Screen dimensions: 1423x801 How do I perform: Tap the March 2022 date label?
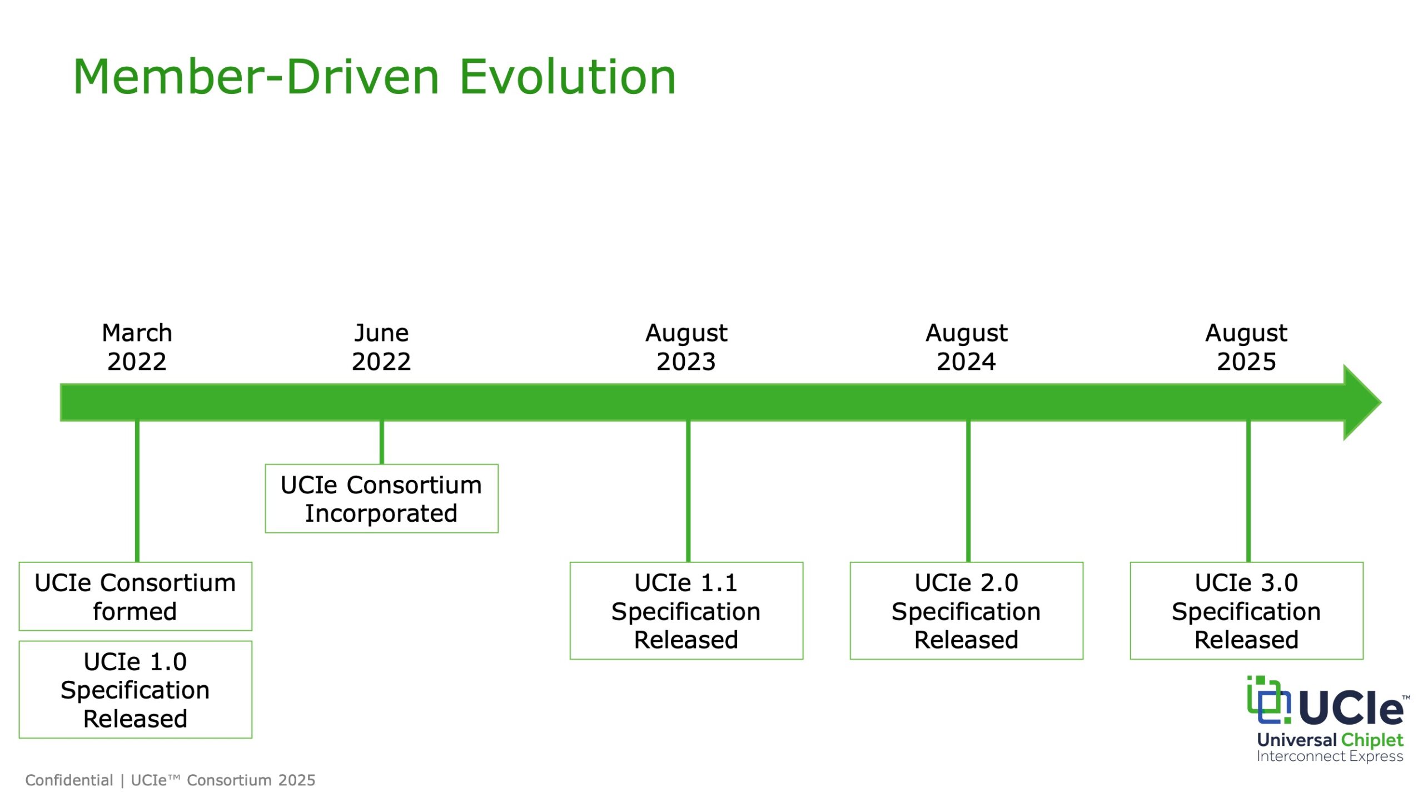pyautogui.click(x=137, y=347)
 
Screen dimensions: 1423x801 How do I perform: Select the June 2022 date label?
pyautogui.click(x=381, y=347)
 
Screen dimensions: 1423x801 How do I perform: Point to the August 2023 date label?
pyautogui.click(x=686, y=347)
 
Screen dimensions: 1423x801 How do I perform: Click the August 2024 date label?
pyautogui.click(x=966, y=347)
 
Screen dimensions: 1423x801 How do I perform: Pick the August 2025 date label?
pyautogui.click(x=1246, y=347)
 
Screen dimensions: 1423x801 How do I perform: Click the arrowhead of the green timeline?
pyautogui.click(x=1362, y=402)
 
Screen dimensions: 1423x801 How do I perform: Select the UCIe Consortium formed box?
pyautogui.click(x=136, y=596)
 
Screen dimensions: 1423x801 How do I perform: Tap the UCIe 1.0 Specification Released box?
pyautogui.click(x=136, y=690)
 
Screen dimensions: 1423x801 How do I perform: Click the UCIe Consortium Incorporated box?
pyautogui.click(x=382, y=498)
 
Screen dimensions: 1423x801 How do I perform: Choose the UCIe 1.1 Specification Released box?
pyautogui.click(x=686, y=611)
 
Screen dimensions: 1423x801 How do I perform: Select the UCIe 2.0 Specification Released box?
pyautogui.click(x=967, y=611)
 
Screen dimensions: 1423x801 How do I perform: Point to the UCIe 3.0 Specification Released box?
pyautogui.click(x=1247, y=611)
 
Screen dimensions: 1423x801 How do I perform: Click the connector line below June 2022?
pyautogui.click(x=382, y=442)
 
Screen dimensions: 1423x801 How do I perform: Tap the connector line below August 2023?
pyautogui.click(x=688, y=491)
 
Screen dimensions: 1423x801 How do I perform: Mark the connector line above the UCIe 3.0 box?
pyautogui.click(x=1248, y=491)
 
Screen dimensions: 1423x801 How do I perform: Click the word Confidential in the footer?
pyautogui.click(x=69, y=780)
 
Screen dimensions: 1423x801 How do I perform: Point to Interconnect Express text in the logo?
pyautogui.click(x=1330, y=756)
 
